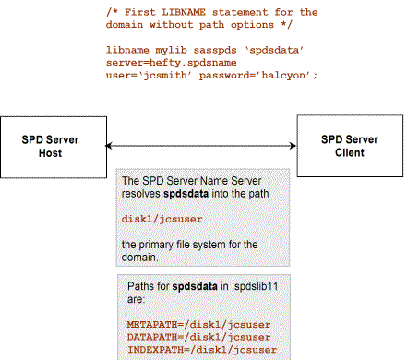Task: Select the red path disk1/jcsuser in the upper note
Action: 162,219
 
